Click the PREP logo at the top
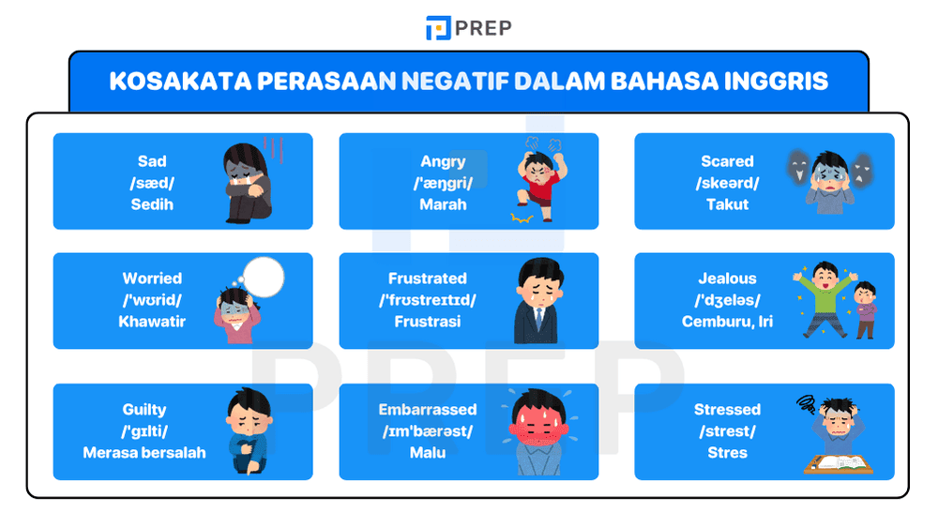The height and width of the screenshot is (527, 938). click(468, 28)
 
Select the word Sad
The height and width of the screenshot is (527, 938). click(152, 161)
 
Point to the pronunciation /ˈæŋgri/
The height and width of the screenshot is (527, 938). click(443, 183)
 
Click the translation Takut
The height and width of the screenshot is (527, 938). click(727, 204)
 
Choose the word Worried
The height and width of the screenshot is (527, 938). click(152, 279)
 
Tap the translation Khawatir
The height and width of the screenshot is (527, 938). click(152, 322)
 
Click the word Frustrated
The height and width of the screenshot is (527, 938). click(428, 279)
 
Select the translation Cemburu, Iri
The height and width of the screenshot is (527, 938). click(727, 322)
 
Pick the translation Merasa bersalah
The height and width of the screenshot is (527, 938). click(144, 453)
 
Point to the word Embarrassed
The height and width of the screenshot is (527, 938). click(428, 410)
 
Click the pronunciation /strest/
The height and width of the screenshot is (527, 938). click(727, 431)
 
